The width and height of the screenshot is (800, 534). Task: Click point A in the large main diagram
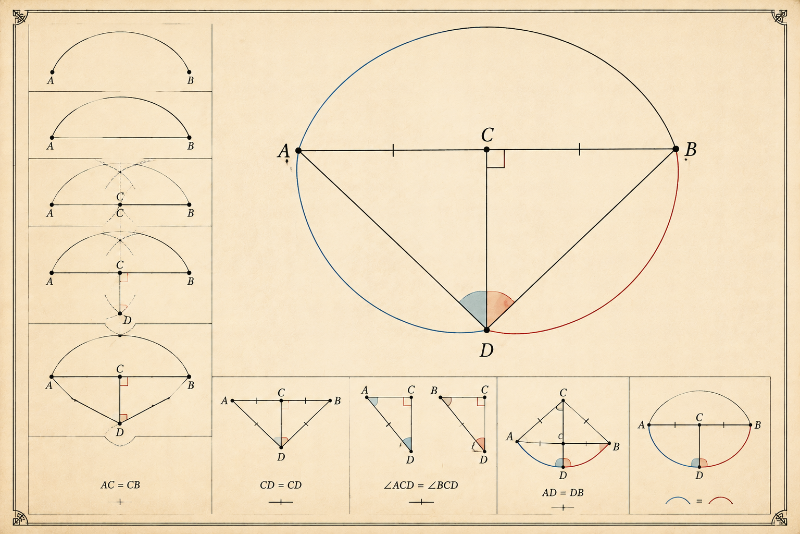298,151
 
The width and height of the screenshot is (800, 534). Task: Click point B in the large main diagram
676,149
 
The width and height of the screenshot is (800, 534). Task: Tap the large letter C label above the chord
487,135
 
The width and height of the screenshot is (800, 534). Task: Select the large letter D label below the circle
486,350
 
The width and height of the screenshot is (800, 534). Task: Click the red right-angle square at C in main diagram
496,159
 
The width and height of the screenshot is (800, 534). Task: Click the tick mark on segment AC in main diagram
393,150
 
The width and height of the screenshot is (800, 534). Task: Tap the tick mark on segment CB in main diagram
579,149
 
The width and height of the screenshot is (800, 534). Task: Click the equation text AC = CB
120,485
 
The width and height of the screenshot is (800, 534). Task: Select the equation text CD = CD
281,485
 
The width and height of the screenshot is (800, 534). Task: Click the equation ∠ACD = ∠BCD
421,485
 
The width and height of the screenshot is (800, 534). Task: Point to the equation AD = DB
563,493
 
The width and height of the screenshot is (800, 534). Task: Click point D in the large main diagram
486,330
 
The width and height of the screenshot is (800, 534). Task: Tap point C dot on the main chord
486,150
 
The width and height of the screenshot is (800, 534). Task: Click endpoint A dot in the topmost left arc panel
52,72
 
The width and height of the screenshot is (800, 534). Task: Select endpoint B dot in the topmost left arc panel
189,72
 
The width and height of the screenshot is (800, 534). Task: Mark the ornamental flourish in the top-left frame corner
20,17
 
